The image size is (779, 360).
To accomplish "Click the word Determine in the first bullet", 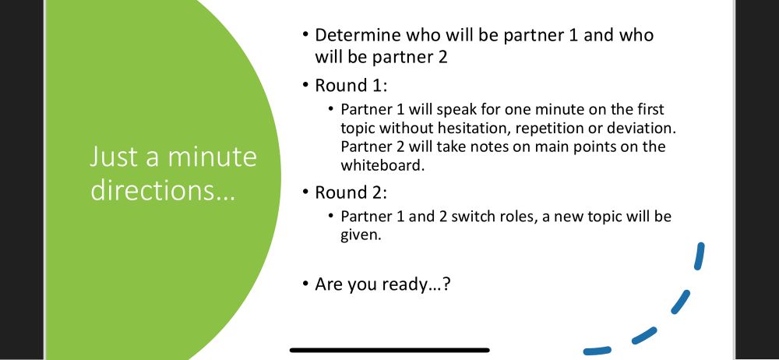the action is coord(358,35).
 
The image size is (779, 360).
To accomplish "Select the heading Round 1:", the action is coord(351,86).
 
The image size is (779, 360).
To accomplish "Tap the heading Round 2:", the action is coord(351,192).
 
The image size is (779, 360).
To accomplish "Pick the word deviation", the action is coord(642,129).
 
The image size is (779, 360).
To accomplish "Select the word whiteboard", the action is coord(382,165).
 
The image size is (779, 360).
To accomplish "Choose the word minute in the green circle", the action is coord(213,157).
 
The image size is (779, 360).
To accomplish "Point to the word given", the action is coord(361,235).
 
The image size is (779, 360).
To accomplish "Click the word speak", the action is coord(456,110).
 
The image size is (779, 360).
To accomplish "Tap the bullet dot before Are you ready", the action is coord(305,284).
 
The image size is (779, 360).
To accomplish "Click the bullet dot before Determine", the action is coord(305,35).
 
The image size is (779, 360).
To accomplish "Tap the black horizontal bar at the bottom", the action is coord(389,350).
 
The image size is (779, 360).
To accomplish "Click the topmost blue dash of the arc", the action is coord(700,256).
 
